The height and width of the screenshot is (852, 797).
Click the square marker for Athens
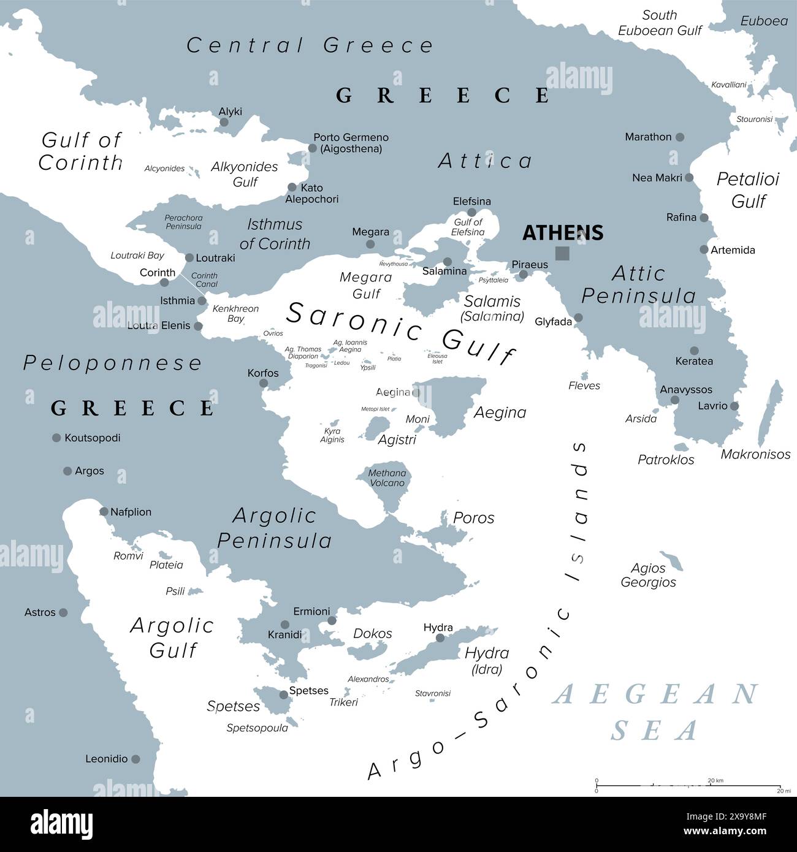point(562,253)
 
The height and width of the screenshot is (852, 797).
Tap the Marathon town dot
point(679,137)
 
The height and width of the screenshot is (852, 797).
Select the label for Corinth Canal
point(205,280)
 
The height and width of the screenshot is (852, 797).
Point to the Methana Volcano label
point(387,478)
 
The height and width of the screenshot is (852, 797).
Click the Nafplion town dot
point(104,511)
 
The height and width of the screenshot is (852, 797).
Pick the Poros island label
point(473,518)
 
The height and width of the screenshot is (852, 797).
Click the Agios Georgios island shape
point(673,560)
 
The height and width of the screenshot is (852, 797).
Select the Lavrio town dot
point(734,406)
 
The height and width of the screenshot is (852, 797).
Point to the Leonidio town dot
point(135,759)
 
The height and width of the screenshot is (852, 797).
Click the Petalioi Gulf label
point(748,190)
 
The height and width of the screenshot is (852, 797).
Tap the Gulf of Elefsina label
point(468,227)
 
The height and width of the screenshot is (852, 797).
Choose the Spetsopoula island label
point(257,728)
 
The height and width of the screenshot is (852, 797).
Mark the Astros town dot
point(63,612)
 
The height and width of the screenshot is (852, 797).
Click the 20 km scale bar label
point(715,780)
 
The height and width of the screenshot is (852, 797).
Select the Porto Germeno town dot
point(312,148)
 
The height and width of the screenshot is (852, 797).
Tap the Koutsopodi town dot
point(56,438)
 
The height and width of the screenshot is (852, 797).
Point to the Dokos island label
point(372,634)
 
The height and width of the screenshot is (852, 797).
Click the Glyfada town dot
point(578,318)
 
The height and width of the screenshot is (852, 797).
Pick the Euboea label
point(763,21)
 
